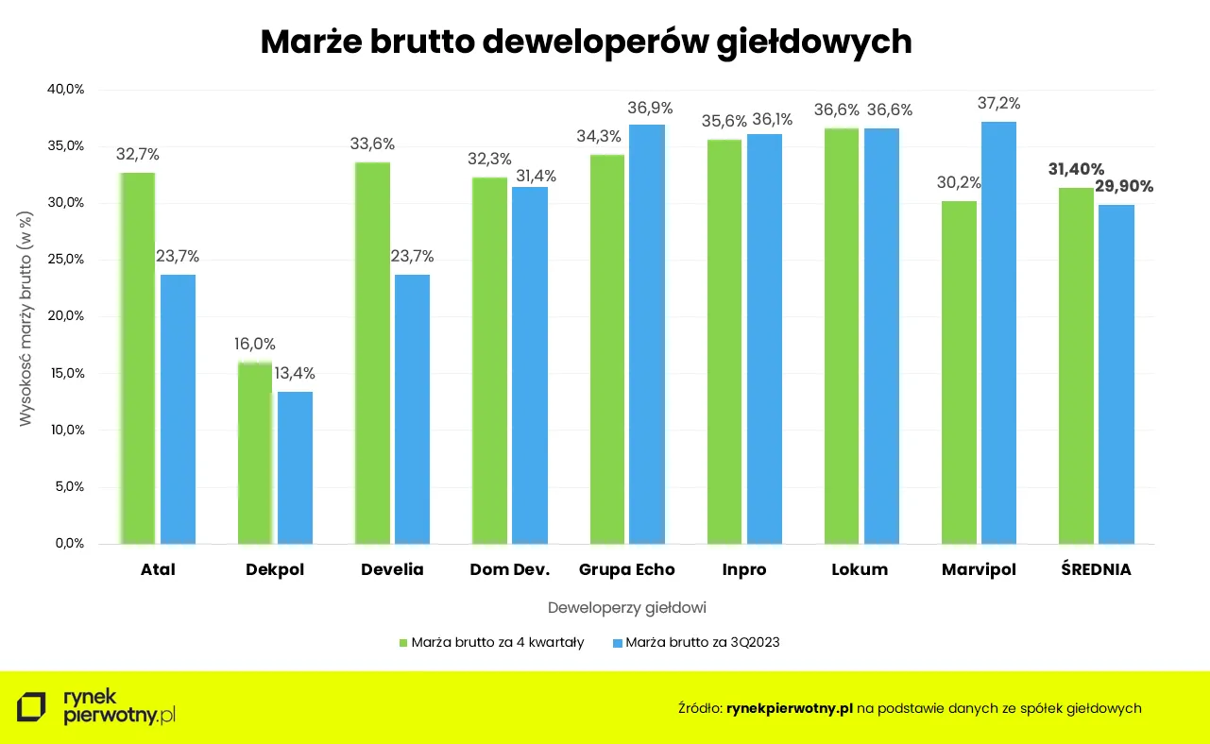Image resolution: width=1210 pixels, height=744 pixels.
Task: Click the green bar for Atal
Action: coord(137,359)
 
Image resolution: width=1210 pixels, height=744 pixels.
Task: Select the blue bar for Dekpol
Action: coord(295,467)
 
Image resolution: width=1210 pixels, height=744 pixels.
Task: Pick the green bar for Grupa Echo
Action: coord(607,349)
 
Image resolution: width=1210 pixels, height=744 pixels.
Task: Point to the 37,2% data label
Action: coord(998,104)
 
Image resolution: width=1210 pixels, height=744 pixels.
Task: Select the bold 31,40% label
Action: coord(1076,169)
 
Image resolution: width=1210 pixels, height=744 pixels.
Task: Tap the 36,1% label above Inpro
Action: coord(770,120)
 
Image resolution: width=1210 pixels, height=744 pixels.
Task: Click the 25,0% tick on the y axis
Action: coord(66,260)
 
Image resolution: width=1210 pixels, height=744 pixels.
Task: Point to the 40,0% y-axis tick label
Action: coord(66,90)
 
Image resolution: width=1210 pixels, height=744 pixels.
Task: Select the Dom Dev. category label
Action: coord(509,570)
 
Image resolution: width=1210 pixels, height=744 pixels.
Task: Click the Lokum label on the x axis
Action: coord(860,570)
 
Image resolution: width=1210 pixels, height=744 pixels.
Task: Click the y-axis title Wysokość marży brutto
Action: coord(26,316)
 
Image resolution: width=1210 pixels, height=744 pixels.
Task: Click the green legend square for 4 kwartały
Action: coord(403,643)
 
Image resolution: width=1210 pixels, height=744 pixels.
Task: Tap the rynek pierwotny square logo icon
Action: coord(31,707)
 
